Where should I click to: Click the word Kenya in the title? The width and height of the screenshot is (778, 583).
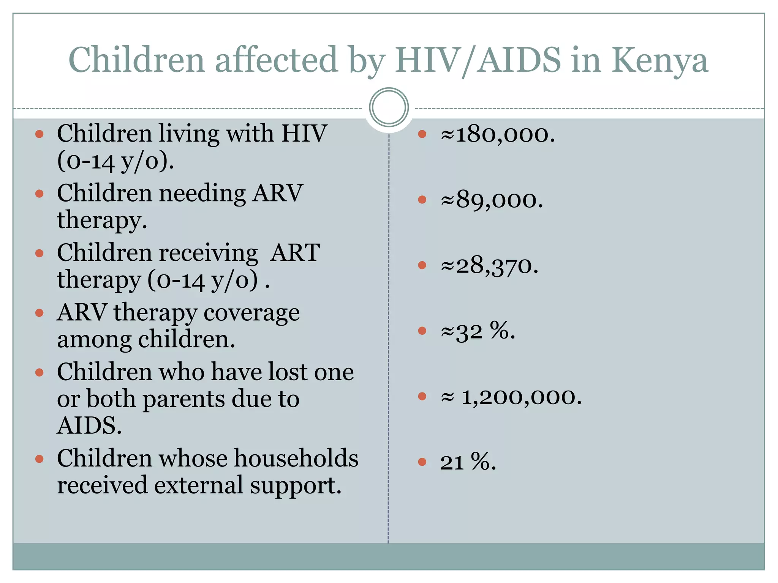click(660, 61)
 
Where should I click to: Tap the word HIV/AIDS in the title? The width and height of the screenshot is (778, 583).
click(478, 61)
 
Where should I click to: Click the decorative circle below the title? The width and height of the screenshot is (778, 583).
click(389, 107)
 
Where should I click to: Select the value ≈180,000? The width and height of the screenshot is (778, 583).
click(498, 134)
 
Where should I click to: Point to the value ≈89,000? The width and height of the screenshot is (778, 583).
click(492, 200)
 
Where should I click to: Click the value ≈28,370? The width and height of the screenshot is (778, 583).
click(489, 265)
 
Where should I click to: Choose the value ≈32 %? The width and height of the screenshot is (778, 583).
click(478, 331)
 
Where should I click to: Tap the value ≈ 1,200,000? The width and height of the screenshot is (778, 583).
click(511, 397)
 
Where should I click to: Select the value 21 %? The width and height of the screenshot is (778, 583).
click(468, 462)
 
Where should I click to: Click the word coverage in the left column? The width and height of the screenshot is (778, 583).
click(251, 313)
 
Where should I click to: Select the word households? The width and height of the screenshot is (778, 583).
click(296, 458)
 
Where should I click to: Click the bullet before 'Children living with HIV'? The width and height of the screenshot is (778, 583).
click(40, 134)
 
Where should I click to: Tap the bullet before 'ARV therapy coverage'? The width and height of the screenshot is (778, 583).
click(40, 313)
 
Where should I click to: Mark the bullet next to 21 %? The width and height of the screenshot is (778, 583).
click(422, 462)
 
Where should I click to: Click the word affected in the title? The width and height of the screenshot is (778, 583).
click(276, 61)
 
